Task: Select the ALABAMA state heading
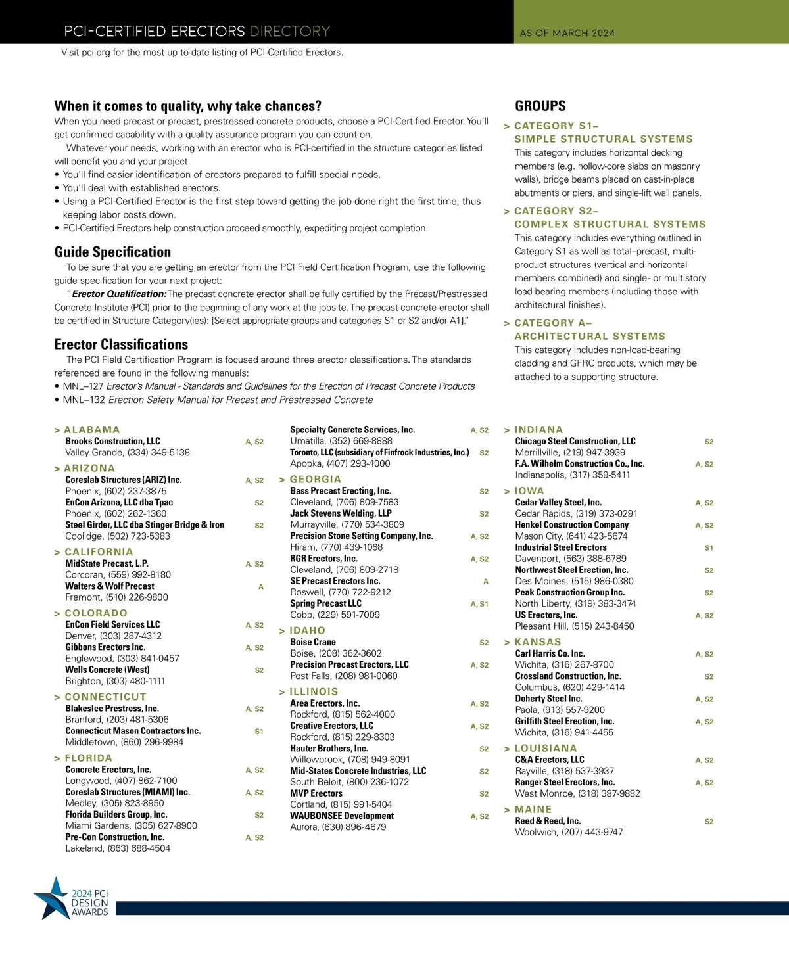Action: pyautogui.click(x=91, y=430)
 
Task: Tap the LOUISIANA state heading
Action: pyautogui.click(x=545, y=749)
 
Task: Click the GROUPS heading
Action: pyautogui.click(x=540, y=106)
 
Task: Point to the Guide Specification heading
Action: pyautogui.click(x=112, y=252)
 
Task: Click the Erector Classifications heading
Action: pyautogui.click(x=121, y=345)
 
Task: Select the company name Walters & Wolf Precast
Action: pyautogui.click(x=110, y=586)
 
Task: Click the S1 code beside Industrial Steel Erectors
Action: pyautogui.click(x=709, y=548)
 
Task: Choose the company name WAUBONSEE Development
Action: pyautogui.click(x=342, y=816)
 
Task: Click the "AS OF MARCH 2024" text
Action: pyautogui.click(x=567, y=33)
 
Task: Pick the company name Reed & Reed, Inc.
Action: pyautogui.click(x=548, y=822)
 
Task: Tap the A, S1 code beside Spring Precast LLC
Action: pyautogui.click(x=479, y=604)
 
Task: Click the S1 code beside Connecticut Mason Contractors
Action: pyautogui.click(x=259, y=732)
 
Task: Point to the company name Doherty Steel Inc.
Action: pyautogui.click(x=548, y=699)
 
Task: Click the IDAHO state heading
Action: pyautogui.click(x=307, y=631)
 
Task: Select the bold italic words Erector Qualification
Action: pyautogui.click(x=118, y=294)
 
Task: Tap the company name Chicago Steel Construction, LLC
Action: pyautogui.click(x=575, y=442)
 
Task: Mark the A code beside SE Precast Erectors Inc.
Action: pyautogui.click(x=486, y=582)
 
